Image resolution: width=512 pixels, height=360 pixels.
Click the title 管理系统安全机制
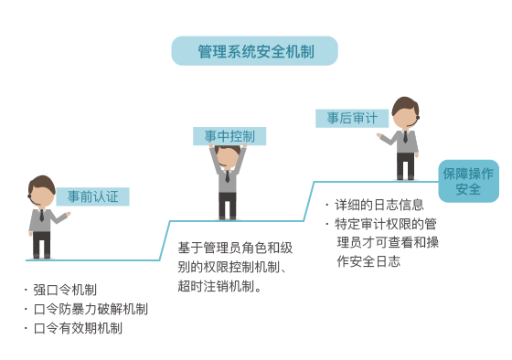255,51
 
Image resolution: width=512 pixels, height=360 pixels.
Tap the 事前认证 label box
92,196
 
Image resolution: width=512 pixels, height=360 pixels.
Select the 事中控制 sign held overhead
229,136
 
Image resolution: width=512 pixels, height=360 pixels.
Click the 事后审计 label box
352,118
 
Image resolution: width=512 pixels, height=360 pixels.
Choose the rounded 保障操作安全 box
468,181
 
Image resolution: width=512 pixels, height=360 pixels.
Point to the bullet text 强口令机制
65,290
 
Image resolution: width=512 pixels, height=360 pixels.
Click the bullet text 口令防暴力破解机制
91,309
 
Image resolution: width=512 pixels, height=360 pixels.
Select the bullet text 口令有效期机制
78,328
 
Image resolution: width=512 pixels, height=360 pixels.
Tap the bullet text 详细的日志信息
379,205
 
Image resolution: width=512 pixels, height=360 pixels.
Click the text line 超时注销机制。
219,286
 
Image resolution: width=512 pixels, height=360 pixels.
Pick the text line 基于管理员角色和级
235,248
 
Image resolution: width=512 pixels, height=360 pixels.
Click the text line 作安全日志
368,261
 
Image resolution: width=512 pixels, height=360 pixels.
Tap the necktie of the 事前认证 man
42,216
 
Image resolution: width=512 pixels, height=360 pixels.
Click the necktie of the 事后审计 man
405,137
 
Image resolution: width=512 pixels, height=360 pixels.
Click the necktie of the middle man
228,176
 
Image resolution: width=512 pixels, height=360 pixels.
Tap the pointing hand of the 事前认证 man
69,214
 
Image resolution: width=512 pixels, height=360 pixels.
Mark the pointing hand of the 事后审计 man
379,135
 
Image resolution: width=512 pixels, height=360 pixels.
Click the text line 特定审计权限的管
386,224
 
